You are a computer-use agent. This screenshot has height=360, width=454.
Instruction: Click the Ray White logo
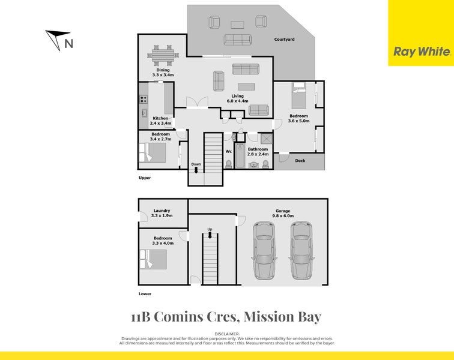click(422, 52)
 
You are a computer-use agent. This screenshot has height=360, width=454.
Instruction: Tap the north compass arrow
click(58, 39)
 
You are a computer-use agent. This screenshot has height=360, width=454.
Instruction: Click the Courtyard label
click(284, 40)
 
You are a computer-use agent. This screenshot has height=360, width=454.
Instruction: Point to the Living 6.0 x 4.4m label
click(238, 98)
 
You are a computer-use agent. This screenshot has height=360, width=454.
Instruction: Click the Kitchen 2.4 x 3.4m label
click(161, 121)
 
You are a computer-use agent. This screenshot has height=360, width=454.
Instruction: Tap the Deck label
click(300, 161)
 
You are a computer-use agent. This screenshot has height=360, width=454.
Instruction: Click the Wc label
click(228, 151)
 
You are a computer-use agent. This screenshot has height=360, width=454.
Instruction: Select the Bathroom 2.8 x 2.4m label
click(258, 151)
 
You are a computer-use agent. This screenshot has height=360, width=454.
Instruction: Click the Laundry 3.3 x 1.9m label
click(162, 213)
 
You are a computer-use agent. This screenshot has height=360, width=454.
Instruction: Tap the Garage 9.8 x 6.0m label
click(282, 213)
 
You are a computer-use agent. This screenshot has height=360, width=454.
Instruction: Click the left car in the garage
click(264, 251)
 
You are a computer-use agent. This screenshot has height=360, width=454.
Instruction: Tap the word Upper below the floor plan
click(144, 178)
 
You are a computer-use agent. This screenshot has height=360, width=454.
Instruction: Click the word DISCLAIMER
click(227, 333)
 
